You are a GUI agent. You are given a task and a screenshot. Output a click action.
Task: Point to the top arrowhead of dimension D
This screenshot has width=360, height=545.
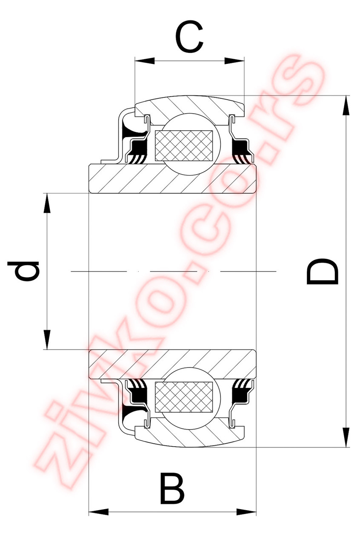click(346, 105)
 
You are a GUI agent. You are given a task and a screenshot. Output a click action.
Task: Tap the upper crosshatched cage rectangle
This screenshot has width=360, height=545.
click(184, 145)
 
